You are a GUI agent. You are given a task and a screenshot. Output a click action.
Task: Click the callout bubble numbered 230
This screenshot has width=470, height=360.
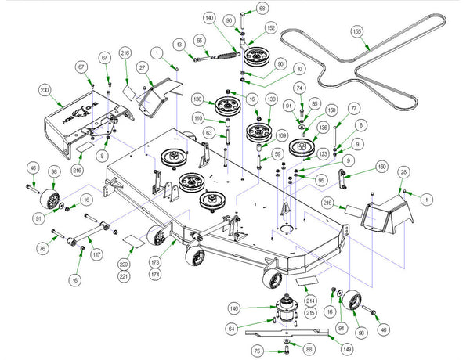point(45,91)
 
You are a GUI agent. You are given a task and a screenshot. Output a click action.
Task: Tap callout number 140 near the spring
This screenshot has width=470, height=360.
point(208,17)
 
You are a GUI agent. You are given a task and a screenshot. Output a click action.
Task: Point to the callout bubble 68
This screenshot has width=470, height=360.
point(262,8)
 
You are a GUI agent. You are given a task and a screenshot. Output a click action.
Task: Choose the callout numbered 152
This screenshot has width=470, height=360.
point(272,27)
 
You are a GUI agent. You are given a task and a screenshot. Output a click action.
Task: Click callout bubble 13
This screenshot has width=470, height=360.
point(179,44)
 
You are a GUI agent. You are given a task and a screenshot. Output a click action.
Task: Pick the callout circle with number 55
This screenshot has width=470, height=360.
point(200,40)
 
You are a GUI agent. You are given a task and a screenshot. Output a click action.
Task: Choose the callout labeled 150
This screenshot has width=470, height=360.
point(382,167)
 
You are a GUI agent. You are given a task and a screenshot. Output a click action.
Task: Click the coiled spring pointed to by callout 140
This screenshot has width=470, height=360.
point(227,53)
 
